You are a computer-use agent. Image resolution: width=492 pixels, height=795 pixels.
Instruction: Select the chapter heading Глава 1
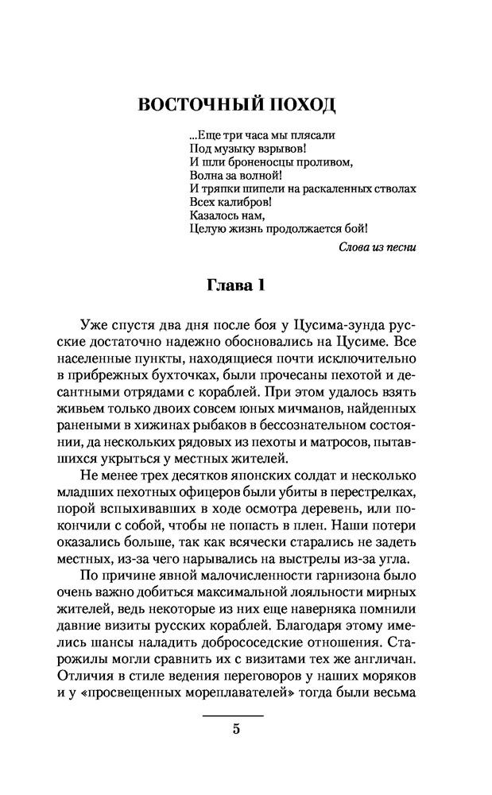pos(246,285)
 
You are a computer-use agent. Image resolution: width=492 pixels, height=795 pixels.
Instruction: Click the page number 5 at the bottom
pos(236,731)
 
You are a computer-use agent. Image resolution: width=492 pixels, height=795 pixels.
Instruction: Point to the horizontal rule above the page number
pos(236,716)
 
